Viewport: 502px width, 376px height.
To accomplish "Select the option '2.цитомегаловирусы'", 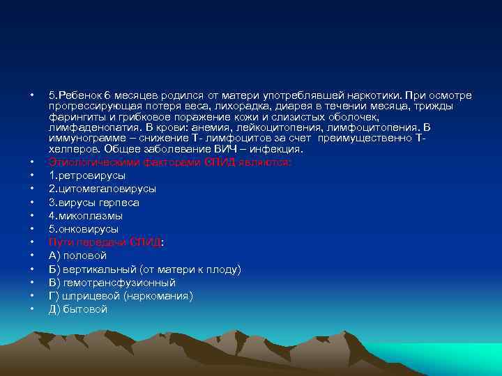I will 102,189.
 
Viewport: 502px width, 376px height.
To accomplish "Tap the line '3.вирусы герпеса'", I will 93,203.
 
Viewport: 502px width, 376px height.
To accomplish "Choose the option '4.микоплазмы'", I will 85,216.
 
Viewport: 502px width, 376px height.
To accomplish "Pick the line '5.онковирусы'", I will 83,229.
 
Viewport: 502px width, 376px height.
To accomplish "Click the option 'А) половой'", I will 77,256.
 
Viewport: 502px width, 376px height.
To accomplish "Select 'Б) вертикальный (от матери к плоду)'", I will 144,269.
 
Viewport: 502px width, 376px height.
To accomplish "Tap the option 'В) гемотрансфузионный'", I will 112,283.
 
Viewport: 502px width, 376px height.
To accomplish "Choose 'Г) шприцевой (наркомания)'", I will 120,296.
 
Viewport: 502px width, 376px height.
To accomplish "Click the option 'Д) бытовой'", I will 77,309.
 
